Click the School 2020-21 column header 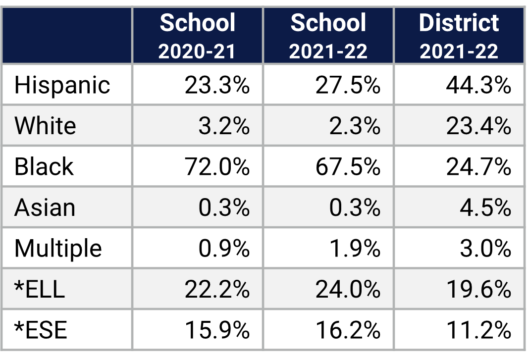tap(197, 36)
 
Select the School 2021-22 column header tap(328, 36)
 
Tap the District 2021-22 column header tap(459, 36)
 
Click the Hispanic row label tap(62, 85)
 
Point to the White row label tap(45, 126)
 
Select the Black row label tap(44, 167)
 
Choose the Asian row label tap(45, 207)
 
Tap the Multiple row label tap(58, 248)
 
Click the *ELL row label tap(40, 289)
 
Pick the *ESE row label tap(41, 330)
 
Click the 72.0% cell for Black tap(217, 167)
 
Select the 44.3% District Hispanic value tap(478, 85)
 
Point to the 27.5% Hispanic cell tap(348, 85)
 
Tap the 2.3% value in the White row tap(355, 126)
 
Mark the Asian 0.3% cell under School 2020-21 tap(224, 207)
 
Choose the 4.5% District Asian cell tap(485, 207)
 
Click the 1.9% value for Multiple tap(355, 248)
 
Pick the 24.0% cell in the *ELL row tap(348, 289)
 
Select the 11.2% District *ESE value tap(478, 330)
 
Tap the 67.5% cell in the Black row tap(348, 167)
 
